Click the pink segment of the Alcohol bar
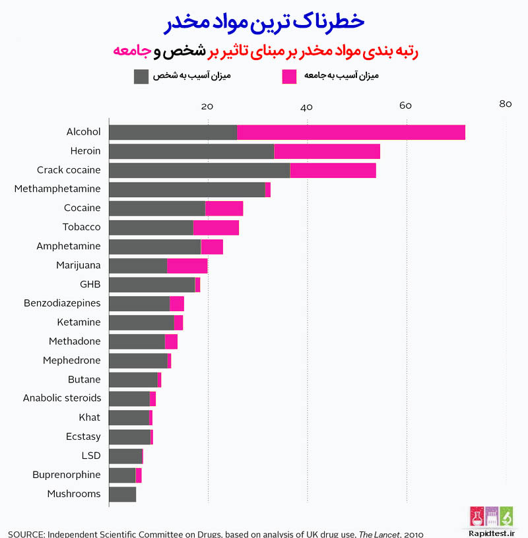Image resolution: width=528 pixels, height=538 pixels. [351, 132]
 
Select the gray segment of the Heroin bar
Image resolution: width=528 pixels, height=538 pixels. [191, 151]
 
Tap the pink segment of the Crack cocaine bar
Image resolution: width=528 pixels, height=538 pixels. [333, 170]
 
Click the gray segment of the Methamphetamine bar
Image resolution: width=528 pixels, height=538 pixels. [187, 189]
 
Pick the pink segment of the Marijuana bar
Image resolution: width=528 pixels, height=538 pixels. [187, 266]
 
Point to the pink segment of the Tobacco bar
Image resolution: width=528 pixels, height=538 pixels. [216, 227]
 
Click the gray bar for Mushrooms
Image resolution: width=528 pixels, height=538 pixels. [122, 494]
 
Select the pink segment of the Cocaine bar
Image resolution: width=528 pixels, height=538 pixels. [224, 208]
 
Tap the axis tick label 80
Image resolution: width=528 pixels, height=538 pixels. [506, 104]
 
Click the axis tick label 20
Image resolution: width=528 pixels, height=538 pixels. [207, 107]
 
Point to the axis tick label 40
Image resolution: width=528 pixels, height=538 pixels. [306, 107]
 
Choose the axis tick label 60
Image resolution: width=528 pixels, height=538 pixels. [405, 107]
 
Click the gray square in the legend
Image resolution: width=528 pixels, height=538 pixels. [141, 76]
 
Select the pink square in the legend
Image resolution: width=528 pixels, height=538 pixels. [289, 76]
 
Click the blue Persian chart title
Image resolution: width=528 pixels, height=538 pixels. [263, 21]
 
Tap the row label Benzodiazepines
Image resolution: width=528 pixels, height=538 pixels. [62, 303]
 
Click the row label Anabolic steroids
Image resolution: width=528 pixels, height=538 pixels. [62, 398]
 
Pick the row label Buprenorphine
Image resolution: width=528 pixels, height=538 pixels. [67, 475]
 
